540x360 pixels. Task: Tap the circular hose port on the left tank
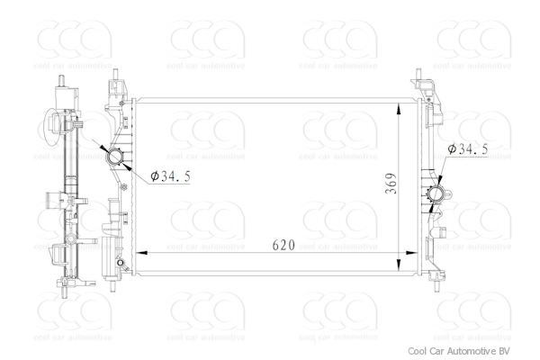click(x=115, y=158)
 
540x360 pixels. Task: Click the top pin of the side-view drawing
click(x=63, y=76)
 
